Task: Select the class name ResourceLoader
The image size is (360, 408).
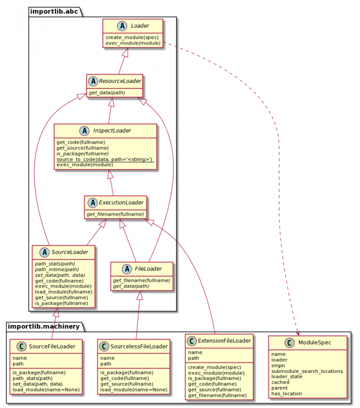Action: (x=120, y=81)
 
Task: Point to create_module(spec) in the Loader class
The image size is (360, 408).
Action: (x=132, y=37)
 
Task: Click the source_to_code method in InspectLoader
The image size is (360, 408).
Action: (x=105, y=159)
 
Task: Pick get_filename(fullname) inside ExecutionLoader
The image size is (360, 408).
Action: (x=115, y=214)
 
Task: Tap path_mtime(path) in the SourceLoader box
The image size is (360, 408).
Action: (x=57, y=269)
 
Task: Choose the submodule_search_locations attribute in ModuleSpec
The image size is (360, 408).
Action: (x=307, y=371)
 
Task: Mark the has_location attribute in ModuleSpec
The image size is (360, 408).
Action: (x=286, y=393)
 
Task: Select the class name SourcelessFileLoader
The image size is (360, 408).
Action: (x=139, y=347)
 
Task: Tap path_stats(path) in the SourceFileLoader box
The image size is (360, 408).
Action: (x=32, y=378)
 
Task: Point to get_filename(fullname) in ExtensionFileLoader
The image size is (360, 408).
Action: (x=217, y=395)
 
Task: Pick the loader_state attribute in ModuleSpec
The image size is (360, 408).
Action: (x=286, y=377)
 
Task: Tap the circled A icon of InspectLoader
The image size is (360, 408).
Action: (x=85, y=131)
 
